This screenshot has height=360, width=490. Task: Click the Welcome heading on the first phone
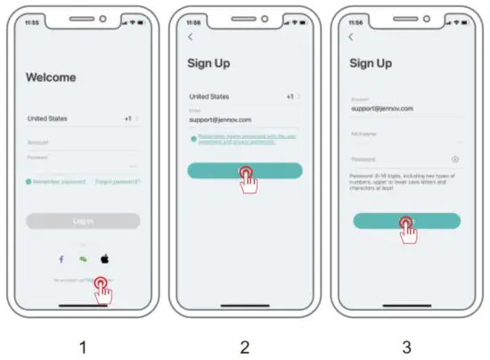tap(51, 78)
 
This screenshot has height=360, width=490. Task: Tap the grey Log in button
tap(83, 221)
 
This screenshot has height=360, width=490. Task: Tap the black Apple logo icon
tap(104, 258)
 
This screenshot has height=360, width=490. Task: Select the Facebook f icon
tap(61, 258)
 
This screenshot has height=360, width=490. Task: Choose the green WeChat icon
tap(83, 258)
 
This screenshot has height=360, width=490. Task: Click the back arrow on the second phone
tap(190, 37)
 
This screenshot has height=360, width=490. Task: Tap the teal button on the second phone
tap(244, 170)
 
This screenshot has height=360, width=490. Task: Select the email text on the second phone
tap(219, 118)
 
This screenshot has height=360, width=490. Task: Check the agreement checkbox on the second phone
tap(192, 139)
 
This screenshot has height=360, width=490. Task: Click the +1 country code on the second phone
tap(290, 95)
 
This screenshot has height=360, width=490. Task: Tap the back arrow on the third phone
tap(350, 37)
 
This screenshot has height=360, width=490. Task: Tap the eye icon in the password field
tap(455, 160)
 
